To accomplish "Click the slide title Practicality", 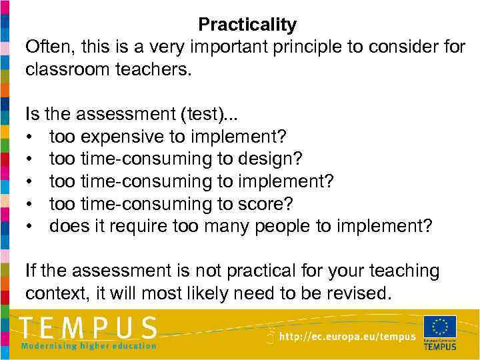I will tap(247, 25).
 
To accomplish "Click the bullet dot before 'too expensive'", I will tap(31, 137).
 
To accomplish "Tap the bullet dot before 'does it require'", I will tap(31, 227).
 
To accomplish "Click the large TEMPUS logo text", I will tap(89, 328).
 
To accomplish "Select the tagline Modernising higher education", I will tap(89, 345).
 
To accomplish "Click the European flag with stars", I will tap(440, 327).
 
